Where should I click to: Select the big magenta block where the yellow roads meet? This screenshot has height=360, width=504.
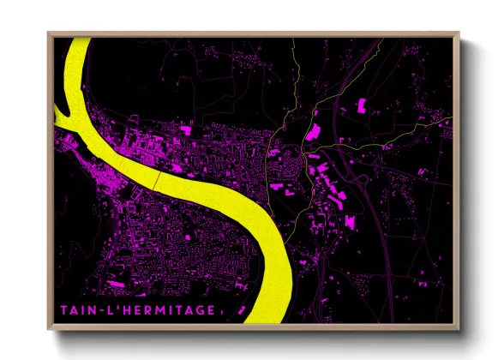(315, 132)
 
